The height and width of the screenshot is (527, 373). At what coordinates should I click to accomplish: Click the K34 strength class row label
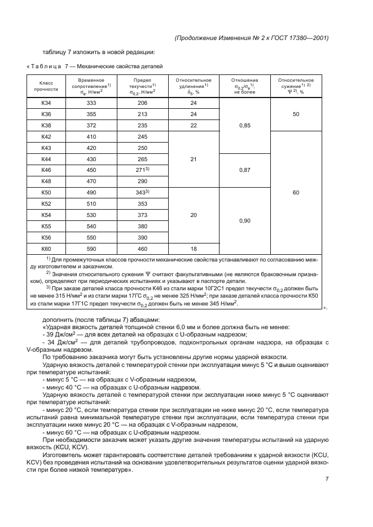pyautogui.click(x=46, y=103)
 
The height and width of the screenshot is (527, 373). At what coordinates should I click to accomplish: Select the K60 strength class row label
pyautogui.click(x=46, y=248)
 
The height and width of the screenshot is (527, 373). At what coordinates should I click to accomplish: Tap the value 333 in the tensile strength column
pyautogui.click(x=91, y=103)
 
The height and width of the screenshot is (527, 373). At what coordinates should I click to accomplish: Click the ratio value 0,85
pyautogui.click(x=244, y=126)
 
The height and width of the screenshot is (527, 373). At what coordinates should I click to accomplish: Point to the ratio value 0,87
pyautogui.click(x=244, y=170)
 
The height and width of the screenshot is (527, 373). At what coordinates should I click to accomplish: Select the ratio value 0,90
pyautogui.click(x=244, y=220)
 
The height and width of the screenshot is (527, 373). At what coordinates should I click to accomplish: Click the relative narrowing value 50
pyautogui.click(x=296, y=114)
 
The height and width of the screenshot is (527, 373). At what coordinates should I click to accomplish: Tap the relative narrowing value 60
pyautogui.click(x=296, y=192)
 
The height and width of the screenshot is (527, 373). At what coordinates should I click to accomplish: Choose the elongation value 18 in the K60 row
pyautogui.click(x=193, y=248)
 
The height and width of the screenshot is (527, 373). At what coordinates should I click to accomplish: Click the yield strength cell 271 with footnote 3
pyautogui.click(x=142, y=170)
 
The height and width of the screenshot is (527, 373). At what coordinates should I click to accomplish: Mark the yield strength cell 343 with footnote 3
pyautogui.click(x=142, y=193)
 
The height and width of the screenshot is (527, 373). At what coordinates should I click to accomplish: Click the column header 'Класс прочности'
pyautogui.click(x=46, y=86)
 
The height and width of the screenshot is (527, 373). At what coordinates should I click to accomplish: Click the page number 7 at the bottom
pyautogui.click(x=327, y=479)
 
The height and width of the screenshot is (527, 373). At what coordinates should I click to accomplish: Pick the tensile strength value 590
pyautogui.click(x=91, y=248)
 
